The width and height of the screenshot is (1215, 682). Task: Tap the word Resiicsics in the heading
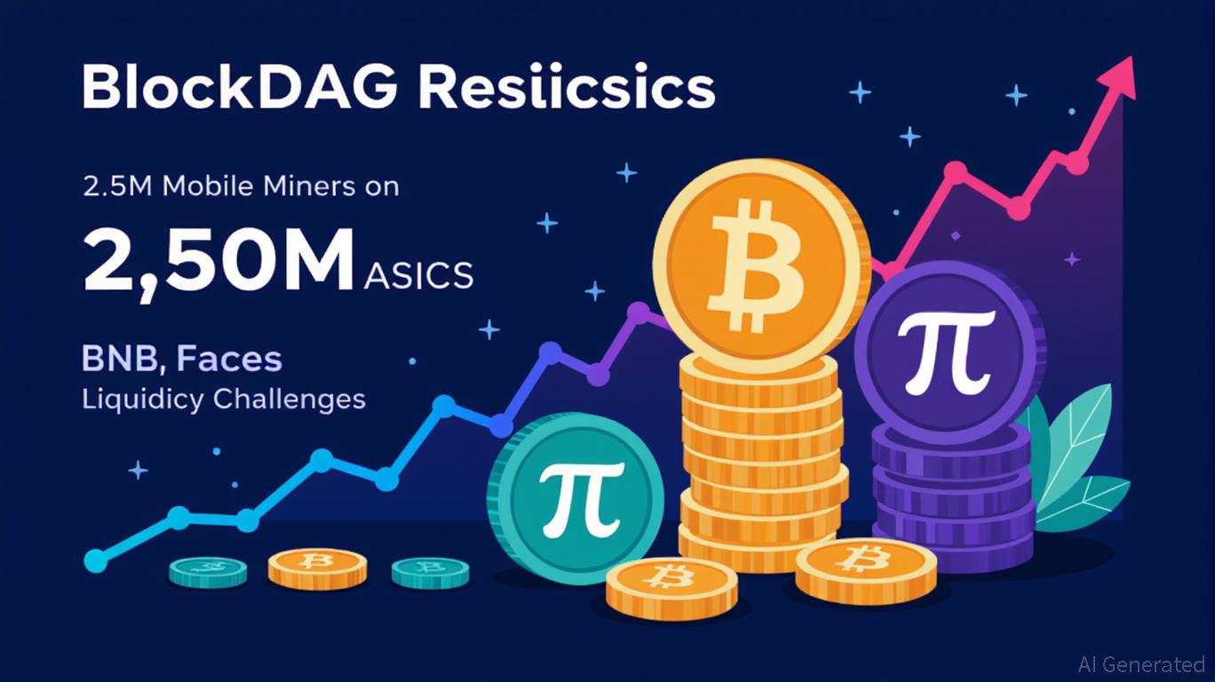[567, 87]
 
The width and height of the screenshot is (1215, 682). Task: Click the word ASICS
[418, 276]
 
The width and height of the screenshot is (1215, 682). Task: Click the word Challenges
[289, 400]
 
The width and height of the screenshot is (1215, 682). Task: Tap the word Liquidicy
[143, 400]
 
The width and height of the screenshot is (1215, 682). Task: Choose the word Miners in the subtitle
[309, 186]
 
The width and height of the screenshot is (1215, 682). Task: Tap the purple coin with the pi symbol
[950, 352]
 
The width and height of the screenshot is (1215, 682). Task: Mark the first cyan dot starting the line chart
[96, 560]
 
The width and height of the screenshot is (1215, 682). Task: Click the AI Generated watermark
[1140, 664]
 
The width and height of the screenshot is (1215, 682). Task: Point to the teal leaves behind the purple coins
[1074, 461]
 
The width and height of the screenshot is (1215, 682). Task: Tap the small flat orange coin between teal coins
[317, 569]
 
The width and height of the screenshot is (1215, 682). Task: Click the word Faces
[229, 359]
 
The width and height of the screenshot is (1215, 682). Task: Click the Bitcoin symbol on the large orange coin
[758, 266]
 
